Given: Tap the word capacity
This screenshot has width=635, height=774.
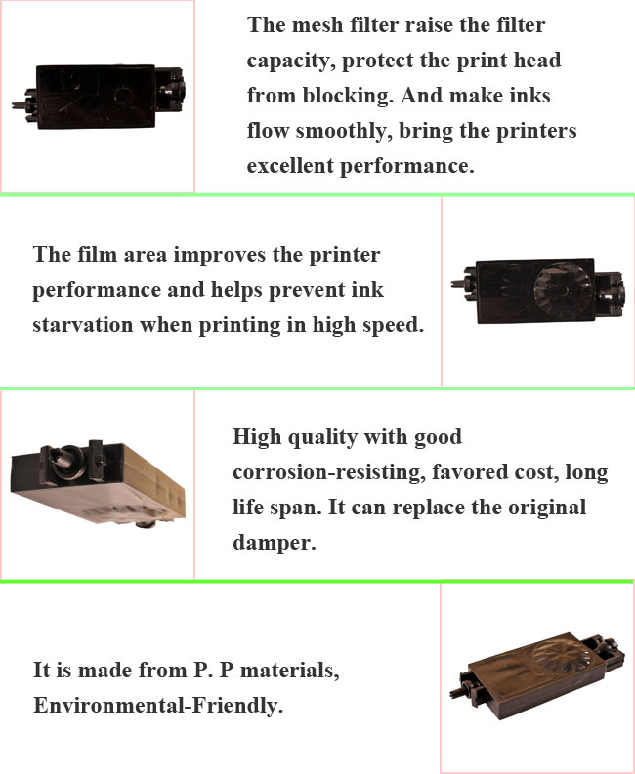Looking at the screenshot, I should tap(286, 61).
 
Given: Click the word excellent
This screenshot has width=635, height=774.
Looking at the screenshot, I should tap(290, 166).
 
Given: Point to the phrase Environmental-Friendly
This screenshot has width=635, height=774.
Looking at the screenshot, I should tap(158, 705).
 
